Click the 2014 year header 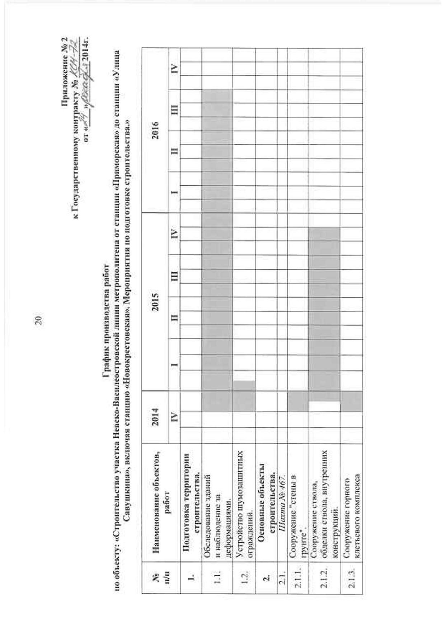[x=155, y=417]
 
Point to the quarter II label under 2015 [x=174, y=318]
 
